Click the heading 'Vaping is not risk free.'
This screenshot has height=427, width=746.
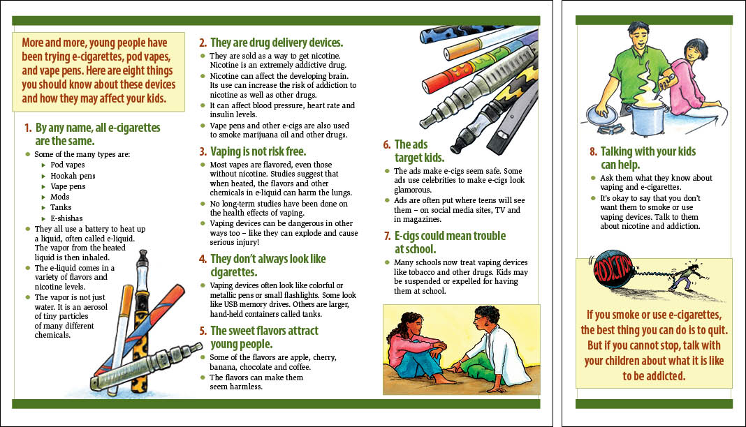pos(258,151)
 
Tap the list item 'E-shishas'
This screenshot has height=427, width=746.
pos(67,218)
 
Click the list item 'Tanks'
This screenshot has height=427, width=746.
pos(61,208)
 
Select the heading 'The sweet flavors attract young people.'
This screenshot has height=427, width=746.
pos(263,337)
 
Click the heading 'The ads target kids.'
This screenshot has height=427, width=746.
pos(418,151)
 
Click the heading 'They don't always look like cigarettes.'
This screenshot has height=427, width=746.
pos(268,265)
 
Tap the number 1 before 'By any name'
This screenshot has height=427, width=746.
pos(28,128)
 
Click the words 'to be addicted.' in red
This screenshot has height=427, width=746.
pos(654,376)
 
